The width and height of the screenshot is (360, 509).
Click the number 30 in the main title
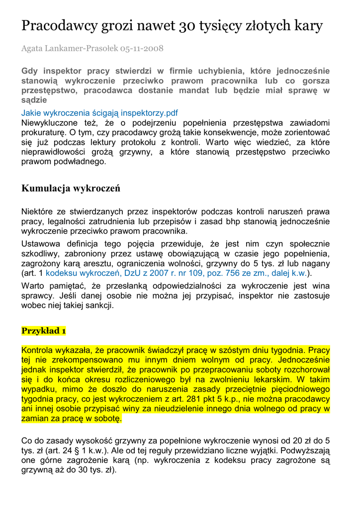coord(188,25)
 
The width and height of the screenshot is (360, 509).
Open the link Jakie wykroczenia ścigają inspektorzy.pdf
coord(99,113)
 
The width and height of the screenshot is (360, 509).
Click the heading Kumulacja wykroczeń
coord(71,188)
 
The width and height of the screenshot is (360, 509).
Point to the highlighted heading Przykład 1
coord(44,331)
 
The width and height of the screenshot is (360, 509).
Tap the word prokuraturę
coord(42,133)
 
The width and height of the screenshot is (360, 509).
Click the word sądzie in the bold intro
coord(34,100)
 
